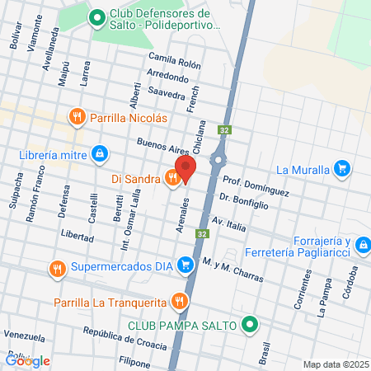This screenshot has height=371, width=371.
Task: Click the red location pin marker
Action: tap(185, 169)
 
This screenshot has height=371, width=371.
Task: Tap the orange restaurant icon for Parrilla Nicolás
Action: tap(77, 117)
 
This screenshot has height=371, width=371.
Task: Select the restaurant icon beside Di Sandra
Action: tap(171, 176)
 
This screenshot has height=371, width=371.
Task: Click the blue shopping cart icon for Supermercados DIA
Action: tap(186, 265)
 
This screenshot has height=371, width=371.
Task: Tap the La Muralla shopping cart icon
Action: tap(342, 170)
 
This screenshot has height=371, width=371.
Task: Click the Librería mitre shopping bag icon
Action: tap(99, 153)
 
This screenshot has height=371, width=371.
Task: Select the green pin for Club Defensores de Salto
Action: tap(96, 16)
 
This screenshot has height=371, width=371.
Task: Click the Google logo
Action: tap(27, 360)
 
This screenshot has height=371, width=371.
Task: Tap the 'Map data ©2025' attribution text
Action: tap(334, 364)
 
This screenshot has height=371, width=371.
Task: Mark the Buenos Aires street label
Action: tap(162, 147)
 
